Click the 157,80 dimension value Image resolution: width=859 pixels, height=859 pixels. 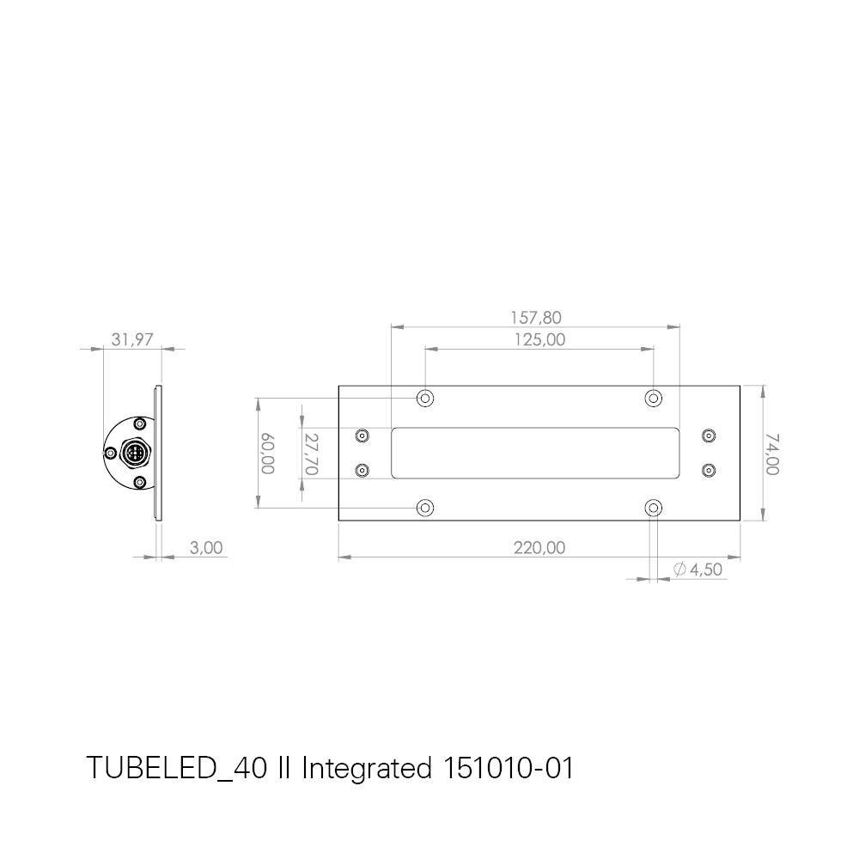536,318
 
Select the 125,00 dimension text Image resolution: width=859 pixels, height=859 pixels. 539,339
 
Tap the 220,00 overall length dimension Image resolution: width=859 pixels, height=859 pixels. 539,547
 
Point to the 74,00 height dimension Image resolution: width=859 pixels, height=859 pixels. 772,454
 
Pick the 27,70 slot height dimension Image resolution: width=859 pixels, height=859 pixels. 311,454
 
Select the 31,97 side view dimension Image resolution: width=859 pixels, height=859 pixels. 132,339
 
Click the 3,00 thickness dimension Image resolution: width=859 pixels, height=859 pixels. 206,547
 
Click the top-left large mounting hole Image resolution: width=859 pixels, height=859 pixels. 425,399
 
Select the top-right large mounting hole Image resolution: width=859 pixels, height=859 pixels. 654,399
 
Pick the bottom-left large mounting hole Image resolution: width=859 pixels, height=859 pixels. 425,508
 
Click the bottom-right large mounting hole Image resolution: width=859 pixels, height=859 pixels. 654,508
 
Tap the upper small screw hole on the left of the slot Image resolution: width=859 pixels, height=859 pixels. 362,436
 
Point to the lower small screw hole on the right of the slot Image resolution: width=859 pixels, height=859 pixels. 709,470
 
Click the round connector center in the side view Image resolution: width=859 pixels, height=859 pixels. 134,453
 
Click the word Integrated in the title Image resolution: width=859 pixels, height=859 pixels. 366,768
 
